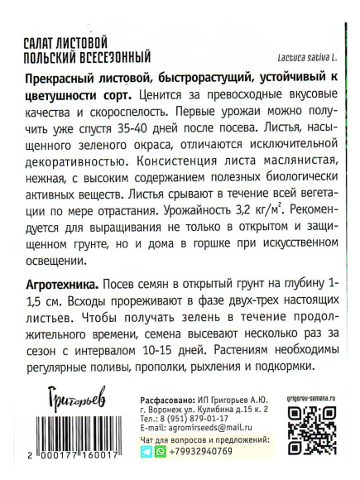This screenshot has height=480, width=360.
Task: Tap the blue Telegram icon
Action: point(124,454)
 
